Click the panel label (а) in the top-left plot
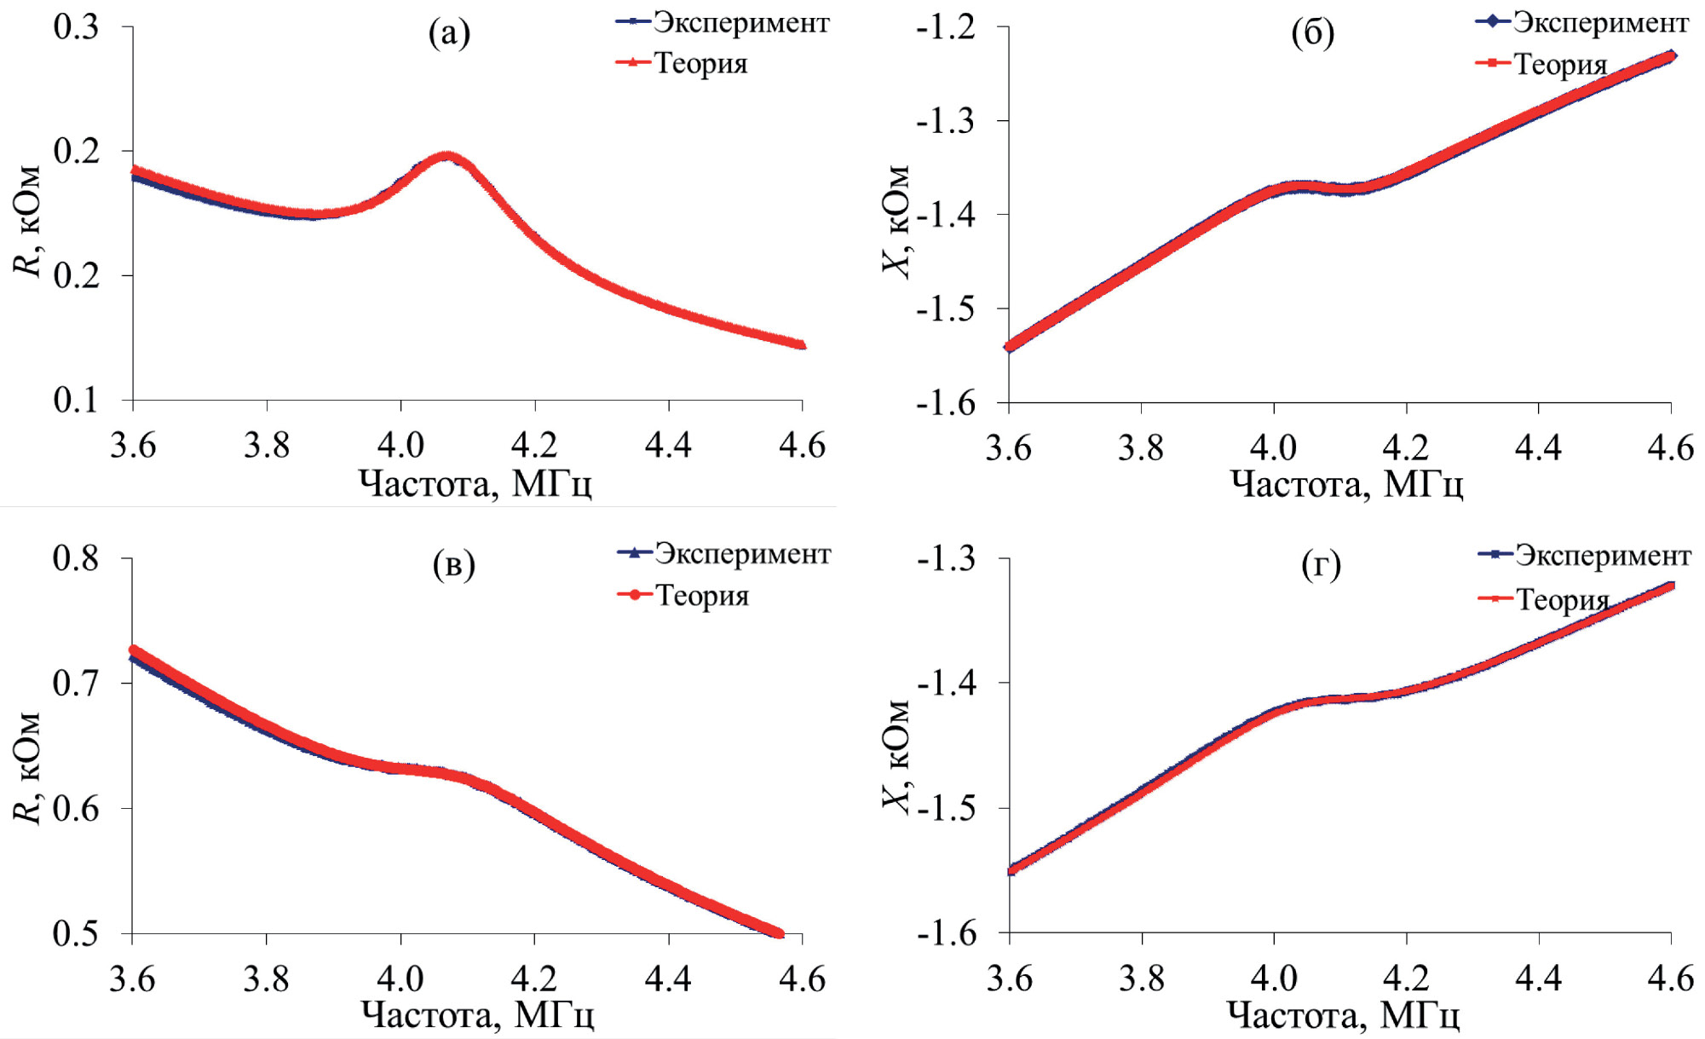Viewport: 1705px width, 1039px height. pos(449,33)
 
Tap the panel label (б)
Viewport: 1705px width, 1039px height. pos(1312,33)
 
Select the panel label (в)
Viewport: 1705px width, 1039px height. pos(453,564)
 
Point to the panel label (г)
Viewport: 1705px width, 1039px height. pos(1321,564)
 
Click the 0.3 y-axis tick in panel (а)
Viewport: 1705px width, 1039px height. pos(77,26)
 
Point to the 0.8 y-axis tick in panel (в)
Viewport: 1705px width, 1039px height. pos(77,558)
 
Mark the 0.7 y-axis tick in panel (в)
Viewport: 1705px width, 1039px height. pos(77,683)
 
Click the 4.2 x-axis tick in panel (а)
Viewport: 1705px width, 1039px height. pos(534,445)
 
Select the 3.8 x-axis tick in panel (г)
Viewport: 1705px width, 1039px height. pos(1142,978)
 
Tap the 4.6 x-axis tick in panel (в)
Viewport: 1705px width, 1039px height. pos(802,978)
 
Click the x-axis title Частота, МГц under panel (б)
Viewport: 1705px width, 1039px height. pos(1346,484)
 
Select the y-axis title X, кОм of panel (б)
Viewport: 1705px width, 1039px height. pos(896,222)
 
